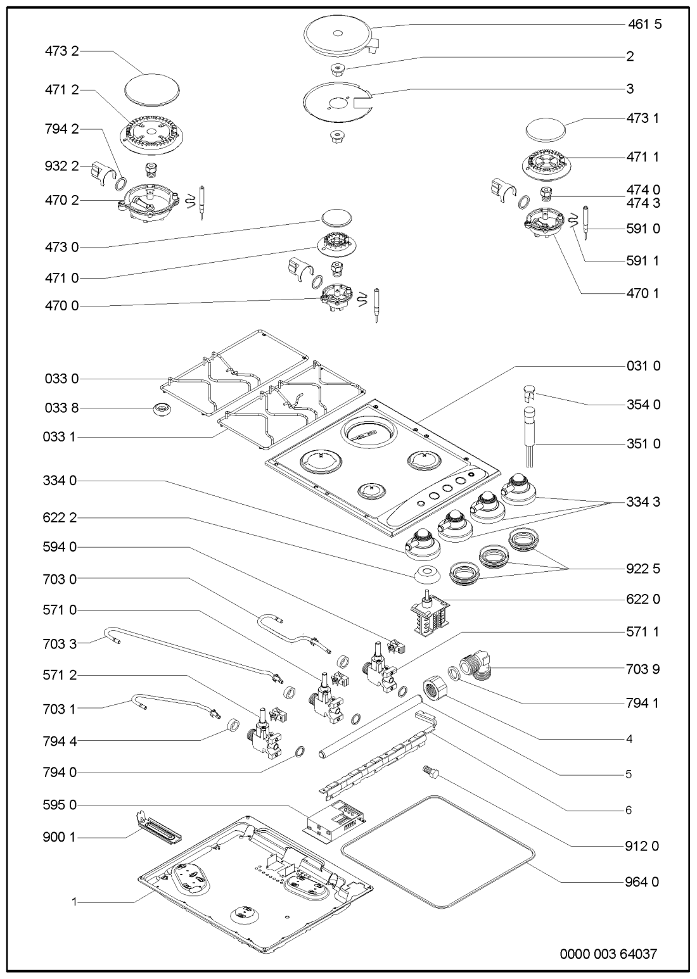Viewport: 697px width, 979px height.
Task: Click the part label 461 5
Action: pyautogui.click(x=644, y=24)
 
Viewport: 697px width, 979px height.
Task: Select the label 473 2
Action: pyautogui.click(x=61, y=51)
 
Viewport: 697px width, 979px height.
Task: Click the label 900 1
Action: pyautogui.click(x=60, y=837)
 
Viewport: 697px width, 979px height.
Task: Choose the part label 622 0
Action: pyautogui.click(x=643, y=599)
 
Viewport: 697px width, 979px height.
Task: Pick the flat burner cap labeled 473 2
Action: pyautogui.click(x=151, y=89)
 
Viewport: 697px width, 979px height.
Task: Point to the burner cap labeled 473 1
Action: pyautogui.click(x=546, y=130)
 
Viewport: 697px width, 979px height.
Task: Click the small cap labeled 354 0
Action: pyautogui.click(x=530, y=393)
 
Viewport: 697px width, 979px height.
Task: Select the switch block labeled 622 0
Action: pyautogui.click(x=430, y=611)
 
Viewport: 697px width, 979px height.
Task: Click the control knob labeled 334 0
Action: pyautogui.click(x=422, y=544)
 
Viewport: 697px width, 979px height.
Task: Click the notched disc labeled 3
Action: pyautogui.click(x=338, y=101)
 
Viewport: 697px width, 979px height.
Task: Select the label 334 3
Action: pyautogui.click(x=643, y=502)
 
